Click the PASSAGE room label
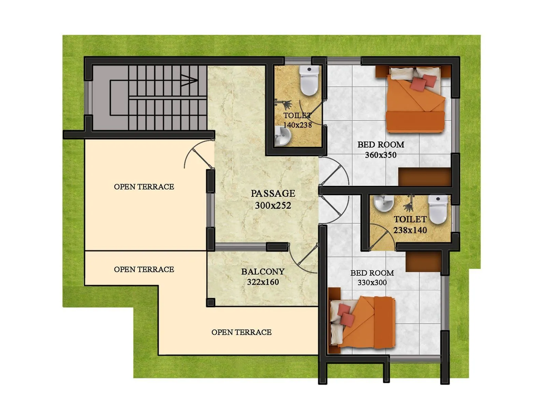(x=273, y=193)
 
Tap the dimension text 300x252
(x=273, y=206)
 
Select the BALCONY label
(x=263, y=272)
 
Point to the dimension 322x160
(x=263, y=282)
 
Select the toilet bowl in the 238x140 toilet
(x=438, y=209)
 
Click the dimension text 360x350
(x=380, y=155)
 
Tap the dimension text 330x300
(x=372, y=283)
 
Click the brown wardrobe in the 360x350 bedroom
(x=425, y=177)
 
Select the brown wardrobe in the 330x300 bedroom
(x=423, y=261)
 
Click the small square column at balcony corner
(x=211, y=302)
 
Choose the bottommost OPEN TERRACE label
(x=241, y=332)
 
